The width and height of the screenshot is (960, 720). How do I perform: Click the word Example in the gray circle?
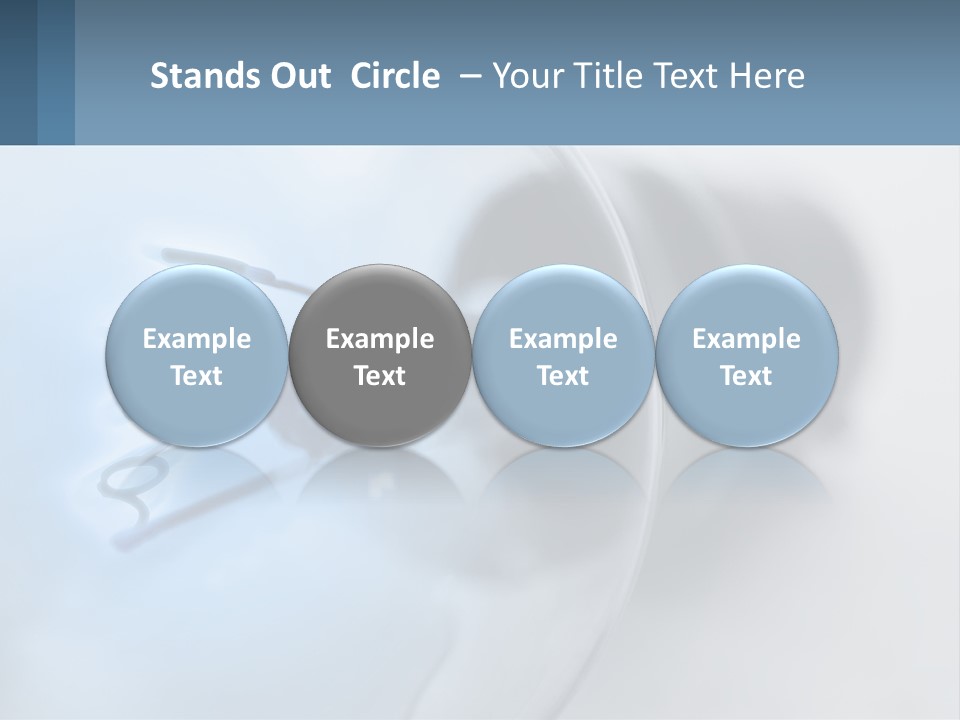coord(380,339)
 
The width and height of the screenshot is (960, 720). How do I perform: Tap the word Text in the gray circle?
coord(380,376)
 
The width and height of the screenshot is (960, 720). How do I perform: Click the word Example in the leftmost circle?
coord(197,339)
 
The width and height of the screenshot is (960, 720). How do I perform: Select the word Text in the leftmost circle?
coord(197,376)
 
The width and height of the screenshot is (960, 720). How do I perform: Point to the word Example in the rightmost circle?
coord(747,339)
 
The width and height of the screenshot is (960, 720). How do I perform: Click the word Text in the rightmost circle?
coord(747,376)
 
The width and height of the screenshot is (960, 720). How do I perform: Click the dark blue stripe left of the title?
coord(56,72)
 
